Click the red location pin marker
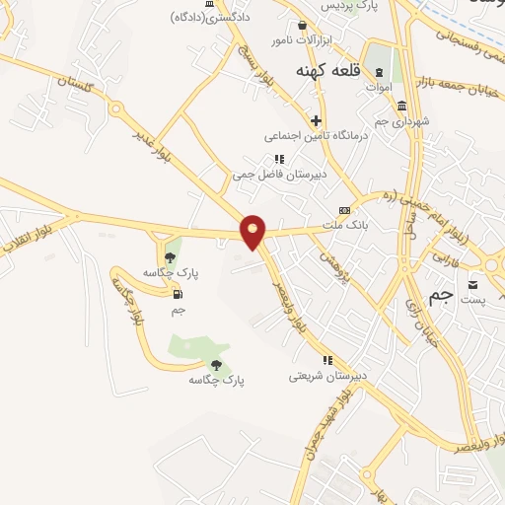pyautogui.click(x=253, y=231)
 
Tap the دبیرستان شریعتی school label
pyautogui.click(x=327, y=375)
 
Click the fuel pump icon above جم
pyautogui.click(x=178, y=294)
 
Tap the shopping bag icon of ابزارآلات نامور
pyautogui.click(x=303, y=25)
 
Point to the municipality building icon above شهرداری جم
pyautogui.click(x=401, y=106)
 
